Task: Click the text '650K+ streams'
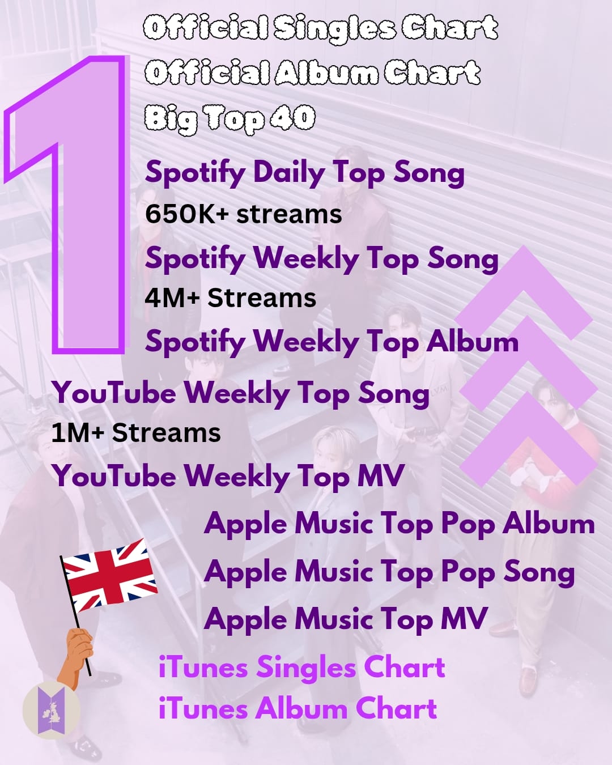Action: coord(244,214)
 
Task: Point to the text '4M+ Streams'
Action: coord(231,297)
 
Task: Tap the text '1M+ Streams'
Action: coord(136,433)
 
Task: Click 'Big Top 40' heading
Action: coord(229,119)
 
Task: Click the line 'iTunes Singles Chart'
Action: coord(302,667)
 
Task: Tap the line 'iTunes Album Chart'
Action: coord(297,708)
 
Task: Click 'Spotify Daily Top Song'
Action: coord(305,173)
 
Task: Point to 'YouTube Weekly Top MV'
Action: coord(228,477)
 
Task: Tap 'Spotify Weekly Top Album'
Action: coord(331,342)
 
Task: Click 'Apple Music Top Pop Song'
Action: coord(389,573)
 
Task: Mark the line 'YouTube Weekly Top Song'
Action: coord(241,394)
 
